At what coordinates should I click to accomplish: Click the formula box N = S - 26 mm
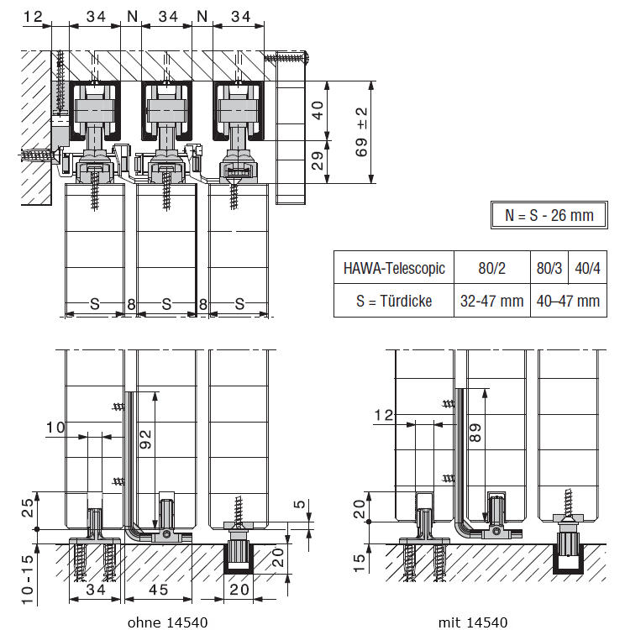[549, 215]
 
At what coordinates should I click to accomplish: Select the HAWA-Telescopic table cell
[393, 270]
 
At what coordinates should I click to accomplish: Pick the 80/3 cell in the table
[549, 270]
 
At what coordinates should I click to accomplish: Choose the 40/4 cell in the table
[586, 270]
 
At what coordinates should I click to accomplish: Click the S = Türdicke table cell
[393, 301]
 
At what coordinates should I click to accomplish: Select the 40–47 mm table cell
[568, 301]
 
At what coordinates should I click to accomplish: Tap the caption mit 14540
[472, 622]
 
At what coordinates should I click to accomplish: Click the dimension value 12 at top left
[33, 15]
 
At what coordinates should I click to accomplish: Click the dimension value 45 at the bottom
[158, 591]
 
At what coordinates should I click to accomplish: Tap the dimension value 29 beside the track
[317, 160]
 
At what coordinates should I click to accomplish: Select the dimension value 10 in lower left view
[56, 428]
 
